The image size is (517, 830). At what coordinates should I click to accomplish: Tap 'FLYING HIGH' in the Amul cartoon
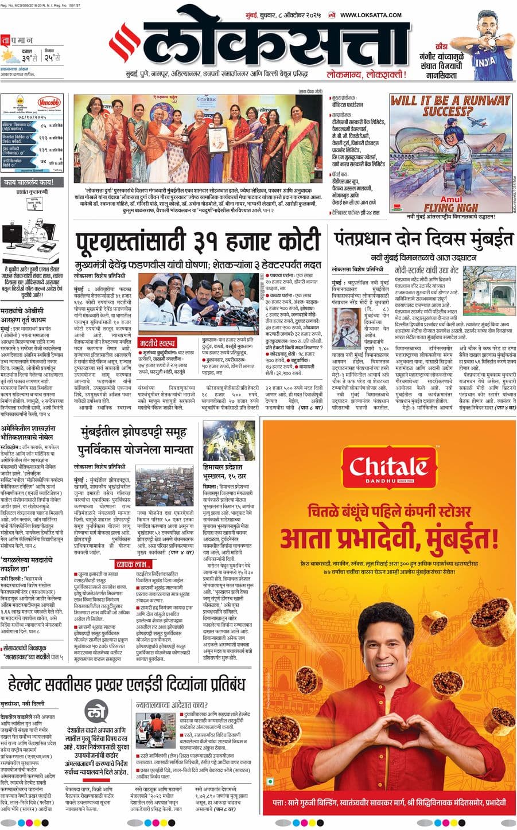click(450, 207)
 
